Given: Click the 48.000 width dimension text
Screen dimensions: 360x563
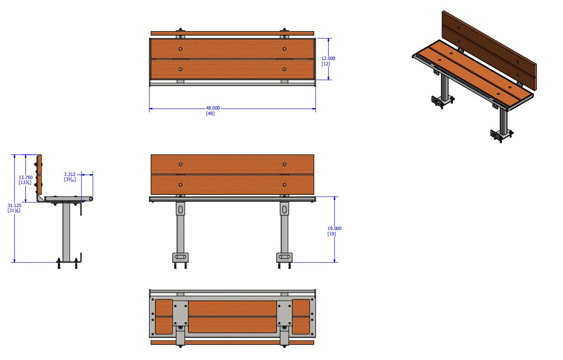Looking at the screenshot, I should pyautogui.click(x=213, y=108).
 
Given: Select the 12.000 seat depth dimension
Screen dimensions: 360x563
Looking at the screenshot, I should pyautogui.click(x=328, y=58).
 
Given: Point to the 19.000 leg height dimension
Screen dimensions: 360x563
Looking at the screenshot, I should pyautogui.click(x=335, y=228).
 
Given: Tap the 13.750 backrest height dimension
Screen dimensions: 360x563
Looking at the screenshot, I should pyautogui.click(x=25, y=178).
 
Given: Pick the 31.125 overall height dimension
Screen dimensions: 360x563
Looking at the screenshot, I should pyautogui.click(x=14, y=205).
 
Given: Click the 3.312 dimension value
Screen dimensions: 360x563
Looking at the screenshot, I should pyautogui.click(x=70, y=174).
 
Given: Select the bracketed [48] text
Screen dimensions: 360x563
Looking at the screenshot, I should pyautogui.click(x=210, y=114).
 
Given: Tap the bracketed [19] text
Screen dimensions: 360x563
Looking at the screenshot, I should pyautogui.click(x=331, y=234).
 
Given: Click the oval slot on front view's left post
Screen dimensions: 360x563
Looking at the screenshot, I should pyautogui.click(x=181, y=209).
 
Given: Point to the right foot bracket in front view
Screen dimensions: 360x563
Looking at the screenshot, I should pyautogui.click(x=284, y=258).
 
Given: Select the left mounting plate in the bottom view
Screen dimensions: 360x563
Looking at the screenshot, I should pyautogui.click(x=180, y=313).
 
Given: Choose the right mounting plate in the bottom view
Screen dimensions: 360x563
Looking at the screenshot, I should pyautogui.click(x=284, y=313).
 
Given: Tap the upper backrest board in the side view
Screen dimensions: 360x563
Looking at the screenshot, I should pyautogui.click(x=39, y=164).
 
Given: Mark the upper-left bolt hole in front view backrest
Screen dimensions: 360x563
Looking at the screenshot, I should pyautogui.click(x=180, y=164).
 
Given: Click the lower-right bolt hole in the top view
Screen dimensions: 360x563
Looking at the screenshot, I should pyautogui.click(x=284, y=69).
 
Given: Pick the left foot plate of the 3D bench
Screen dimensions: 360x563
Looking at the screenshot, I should pyautogui.click(x=439, y=102).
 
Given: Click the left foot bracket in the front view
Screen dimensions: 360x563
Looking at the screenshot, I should pyautogui.click(x=181, y=258).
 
